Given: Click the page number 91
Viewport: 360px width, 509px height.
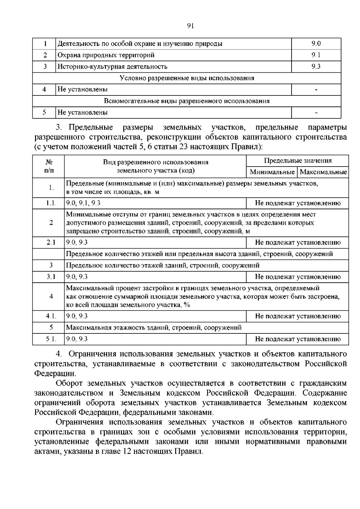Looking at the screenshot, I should point(190,26).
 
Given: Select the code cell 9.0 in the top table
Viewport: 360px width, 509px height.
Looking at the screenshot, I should point(316,44).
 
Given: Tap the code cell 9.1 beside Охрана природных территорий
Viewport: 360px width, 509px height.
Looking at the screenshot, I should point(316,55).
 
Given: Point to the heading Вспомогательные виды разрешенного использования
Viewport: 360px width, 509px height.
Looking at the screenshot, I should point(187,101).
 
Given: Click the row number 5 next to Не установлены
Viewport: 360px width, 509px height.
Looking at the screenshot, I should point(44,113).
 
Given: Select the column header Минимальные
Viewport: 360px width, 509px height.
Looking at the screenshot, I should point(272,172).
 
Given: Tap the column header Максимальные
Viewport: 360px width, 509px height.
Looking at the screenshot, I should point(323,172).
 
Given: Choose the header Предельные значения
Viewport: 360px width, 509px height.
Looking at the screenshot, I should point(297,161).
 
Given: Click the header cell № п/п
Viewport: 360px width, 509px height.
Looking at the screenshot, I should point(49,166).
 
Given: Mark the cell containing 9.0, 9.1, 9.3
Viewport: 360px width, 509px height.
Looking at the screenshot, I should point(83,203).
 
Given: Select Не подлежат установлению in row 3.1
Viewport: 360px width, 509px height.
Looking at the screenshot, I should point(297,277).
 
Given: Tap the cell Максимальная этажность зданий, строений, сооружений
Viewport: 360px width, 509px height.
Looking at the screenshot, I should point(154,328).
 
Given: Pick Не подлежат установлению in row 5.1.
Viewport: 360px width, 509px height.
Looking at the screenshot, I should point(297,339).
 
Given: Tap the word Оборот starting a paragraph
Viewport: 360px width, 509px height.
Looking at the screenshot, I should point(69,383).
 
